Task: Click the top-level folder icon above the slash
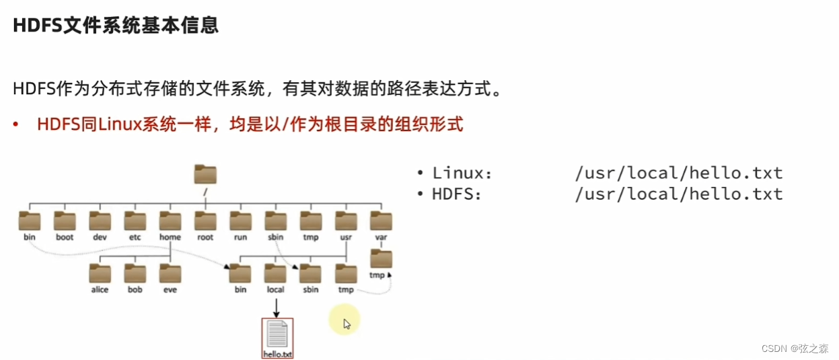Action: tap(205, 174)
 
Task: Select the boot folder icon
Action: tap(65, 221)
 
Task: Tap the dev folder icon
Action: tap(100, 221)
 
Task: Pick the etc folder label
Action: tap(135, 238)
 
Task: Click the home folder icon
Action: tap(170, 221)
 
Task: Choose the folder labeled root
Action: tap(205, 221)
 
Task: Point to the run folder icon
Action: tap(240, 221)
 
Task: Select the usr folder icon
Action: tap(345, 221)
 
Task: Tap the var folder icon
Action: tap(381, 221)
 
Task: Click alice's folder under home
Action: tap(100, 273)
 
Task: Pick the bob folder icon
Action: tap(135, 273)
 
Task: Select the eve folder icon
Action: tap(170, 273)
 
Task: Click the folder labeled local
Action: tap(276, 273)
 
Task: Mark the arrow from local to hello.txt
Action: tap(276, 306)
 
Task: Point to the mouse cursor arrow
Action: tap(347, 324)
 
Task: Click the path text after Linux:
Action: tap(679, 173)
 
